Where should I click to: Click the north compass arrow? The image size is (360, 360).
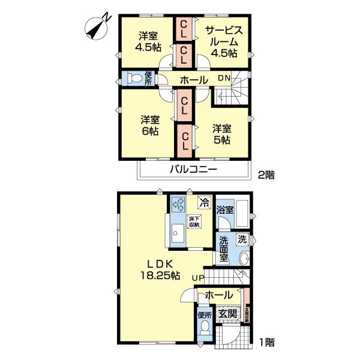pyautogui.click(x=94, y=27)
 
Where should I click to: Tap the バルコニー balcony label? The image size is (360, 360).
pyautogui.click(x=193, y=169)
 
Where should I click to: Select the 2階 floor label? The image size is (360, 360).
pyautogui.click(x=266, y=175)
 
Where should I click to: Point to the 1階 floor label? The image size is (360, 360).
pyautogui.click(x=267, y=343)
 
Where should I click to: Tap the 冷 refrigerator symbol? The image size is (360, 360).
pyautogui.click(x=204, y=204)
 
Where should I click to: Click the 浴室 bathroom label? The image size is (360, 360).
pyautogui.click(x=225, y=210)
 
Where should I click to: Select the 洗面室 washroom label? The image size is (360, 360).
pyautogui.click(x=223, y=249)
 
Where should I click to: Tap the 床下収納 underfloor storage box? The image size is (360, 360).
pyautogui.click(x=194, y=221)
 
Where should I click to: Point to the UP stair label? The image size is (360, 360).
pyautogui.click(x=198, y=278)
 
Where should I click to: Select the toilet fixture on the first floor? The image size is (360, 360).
pyautogui.click(x=205, y=328)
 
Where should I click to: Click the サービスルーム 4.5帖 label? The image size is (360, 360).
pyautogui.click(x=223, y=41)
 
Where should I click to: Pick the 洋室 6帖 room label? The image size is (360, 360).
pyautogui.click(x=150, y=124)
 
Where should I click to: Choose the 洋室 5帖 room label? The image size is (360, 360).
pyautogui.click(x=221, y=134)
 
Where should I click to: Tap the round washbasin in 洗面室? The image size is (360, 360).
pyautogui.click(x=244, y=259)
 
